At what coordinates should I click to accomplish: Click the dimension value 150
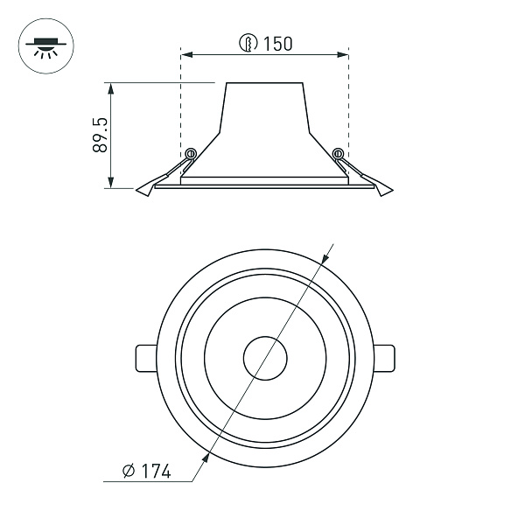(278, 44)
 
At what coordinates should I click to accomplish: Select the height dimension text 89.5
(100, 135)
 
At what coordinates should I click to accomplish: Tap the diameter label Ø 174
(147, 471)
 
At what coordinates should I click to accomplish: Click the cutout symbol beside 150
(248, 43)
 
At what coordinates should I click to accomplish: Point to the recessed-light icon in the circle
(46, 47)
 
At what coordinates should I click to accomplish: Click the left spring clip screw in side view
(191, 154)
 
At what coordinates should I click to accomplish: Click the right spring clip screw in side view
(338, 154)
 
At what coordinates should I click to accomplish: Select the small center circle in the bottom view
(265, 337)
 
